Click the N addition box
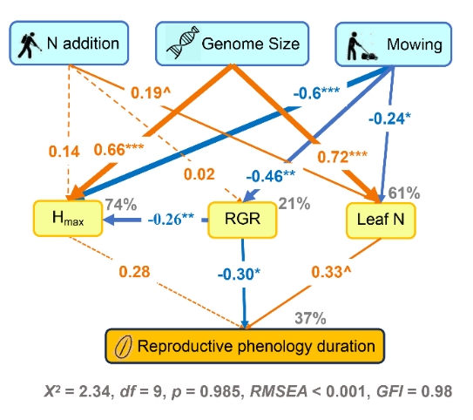pyautogui.click(x=69, y=43)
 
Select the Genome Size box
pyautogui.click(x=232, y=44)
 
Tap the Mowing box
pyautogui.click(x=394, y=44)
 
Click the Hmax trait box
pyautogui.click(x=68, y=218)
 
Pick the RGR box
pyautogui.click(x=242, y=220)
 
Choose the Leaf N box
pyautogui.click(x=381, y=220)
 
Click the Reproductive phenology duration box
pyautogui.click(x=245, y=346)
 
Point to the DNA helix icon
pyautogui.click(x=183, y=43)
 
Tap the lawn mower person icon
pyautogui.click(x=362, y=46)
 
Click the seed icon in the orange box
pyautogui.click(x=123, y=347)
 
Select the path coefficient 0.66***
pyautogui.click(x=118, y=150)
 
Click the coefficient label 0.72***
pyautogui.click(x=342, y=157)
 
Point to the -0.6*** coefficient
pyautogui.click(x=316, y=93)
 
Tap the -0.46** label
pyautogui.click(x=271, y=176)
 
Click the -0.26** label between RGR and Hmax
pyautogui.click(x=171, y=220)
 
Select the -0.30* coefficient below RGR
pyautogui.click(x=239, y=274)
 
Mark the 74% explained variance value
pyautogui.click(x=121, y=204)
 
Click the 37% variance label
pyautogui.click(x=310, y=318)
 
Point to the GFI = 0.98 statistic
pyautogui.click(x=414, y=391)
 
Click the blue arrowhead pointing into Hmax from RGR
pyautogui.click(x=109, y=220)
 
